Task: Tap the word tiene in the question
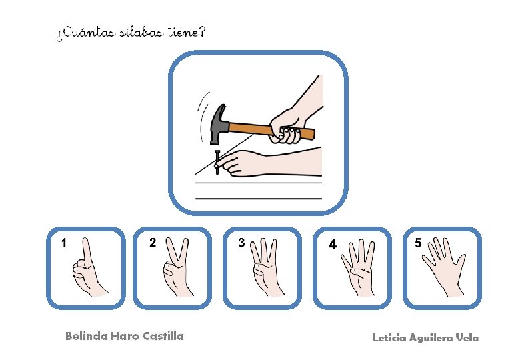pos(183,32)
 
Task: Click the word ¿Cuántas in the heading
pos(86,33)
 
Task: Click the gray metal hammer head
pos(219,124)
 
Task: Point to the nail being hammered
pos(217,163)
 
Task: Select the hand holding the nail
pos(269,163)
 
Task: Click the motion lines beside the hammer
pos(203,116)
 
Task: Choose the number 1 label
pos(64,243)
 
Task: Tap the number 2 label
pos(153,243)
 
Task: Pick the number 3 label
pos(241,243)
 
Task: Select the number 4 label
pos(332,244)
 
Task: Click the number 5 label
pos(418,243)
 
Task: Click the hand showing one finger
pos(88,269)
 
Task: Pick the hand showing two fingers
pos(177,267)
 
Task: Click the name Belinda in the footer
pos(87,336)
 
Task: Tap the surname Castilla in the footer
pos(163,336)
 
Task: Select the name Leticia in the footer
pos(389,338)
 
